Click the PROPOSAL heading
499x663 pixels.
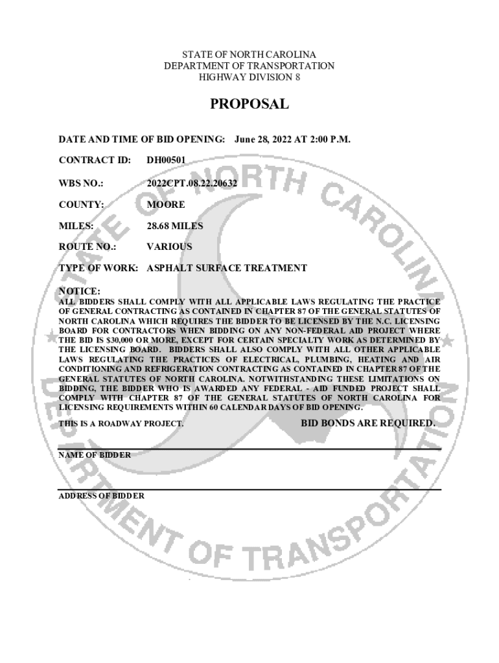(249, 105)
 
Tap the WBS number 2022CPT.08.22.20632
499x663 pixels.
(191, 183)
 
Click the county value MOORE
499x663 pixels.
(165, 205)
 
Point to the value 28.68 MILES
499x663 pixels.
(174, 226)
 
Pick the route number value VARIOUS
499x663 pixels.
(169, 247)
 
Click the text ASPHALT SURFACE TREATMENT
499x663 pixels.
(227, 268)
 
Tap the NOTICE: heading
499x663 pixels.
(79, 291)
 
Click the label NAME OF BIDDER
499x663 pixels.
(94, 455)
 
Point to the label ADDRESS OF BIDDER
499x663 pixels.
(101, 496)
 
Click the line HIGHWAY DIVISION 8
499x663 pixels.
(250, 78)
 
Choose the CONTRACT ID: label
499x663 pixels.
(95, 161)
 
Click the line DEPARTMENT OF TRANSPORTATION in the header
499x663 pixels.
(250, 66)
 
